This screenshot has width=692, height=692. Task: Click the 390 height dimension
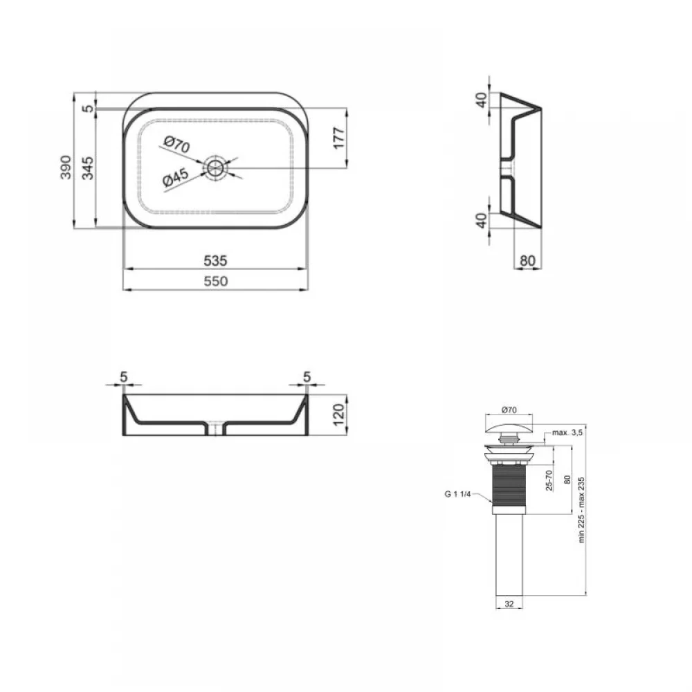(65, 167)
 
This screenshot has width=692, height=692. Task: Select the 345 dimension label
(88, 167)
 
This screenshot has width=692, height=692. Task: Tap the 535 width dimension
(215, 261)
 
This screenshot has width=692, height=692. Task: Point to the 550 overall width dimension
(215, 281)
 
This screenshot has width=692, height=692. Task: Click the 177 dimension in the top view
(338, 138)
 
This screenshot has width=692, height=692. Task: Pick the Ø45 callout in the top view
(175, 178)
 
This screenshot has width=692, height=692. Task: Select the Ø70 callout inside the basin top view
(176, 145)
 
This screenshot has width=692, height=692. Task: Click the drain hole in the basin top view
(215, 167)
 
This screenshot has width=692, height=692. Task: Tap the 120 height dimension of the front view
(338, 415)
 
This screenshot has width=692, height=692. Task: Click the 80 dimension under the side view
(527, 261)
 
